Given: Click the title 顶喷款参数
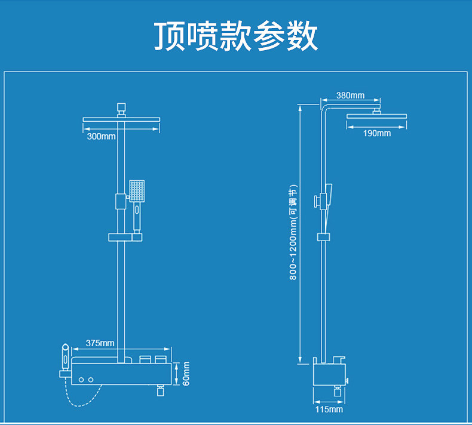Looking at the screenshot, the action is [236, 36].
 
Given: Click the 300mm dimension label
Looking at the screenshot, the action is [101, 136].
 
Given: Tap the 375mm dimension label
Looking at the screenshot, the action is [100, 343].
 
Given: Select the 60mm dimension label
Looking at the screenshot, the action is [186, 374].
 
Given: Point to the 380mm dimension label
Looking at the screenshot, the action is [350, 96].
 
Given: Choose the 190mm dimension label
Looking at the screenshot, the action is [377, 133].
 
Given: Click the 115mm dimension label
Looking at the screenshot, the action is [329, 409].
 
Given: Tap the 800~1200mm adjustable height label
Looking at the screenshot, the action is [293, 232].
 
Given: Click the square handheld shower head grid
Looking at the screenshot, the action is [137, 191].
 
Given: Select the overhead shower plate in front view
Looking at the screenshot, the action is [121, 119].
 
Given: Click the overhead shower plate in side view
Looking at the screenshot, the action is [376, 116].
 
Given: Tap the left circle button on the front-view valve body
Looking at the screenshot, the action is [81, 380].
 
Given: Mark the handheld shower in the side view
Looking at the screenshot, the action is [327, 199].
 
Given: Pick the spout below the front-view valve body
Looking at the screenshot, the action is [161, 391].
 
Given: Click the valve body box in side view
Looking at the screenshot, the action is [329, 374].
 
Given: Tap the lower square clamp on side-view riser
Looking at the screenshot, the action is [323, 237].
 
